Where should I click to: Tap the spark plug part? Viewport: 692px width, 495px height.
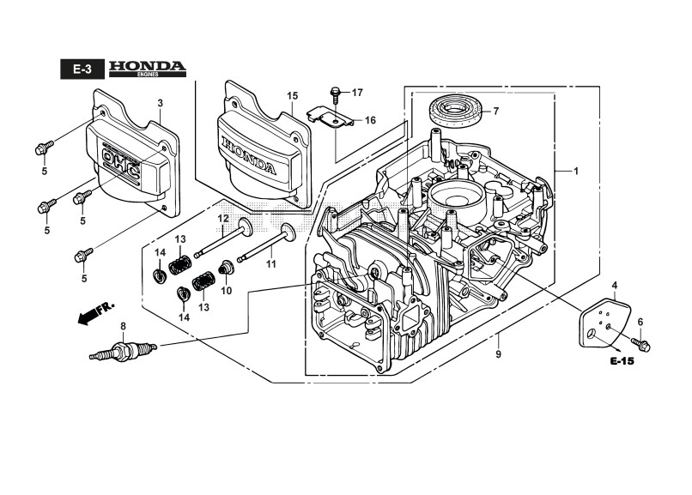coord(124,351)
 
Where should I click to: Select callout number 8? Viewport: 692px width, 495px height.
coord(123,326)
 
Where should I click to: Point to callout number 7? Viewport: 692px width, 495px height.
coord(495,112)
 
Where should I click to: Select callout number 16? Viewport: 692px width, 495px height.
coord(370,120)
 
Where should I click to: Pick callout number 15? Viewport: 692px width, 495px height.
coord(292,95)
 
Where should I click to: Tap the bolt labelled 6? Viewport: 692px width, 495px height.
coord(643,343)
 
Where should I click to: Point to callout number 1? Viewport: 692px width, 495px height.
coord(575,172)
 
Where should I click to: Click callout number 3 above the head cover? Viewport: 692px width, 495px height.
coord(160,104)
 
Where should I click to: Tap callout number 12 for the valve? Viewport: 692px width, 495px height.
coord(222,219)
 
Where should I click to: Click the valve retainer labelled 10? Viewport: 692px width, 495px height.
coord(227,271)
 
